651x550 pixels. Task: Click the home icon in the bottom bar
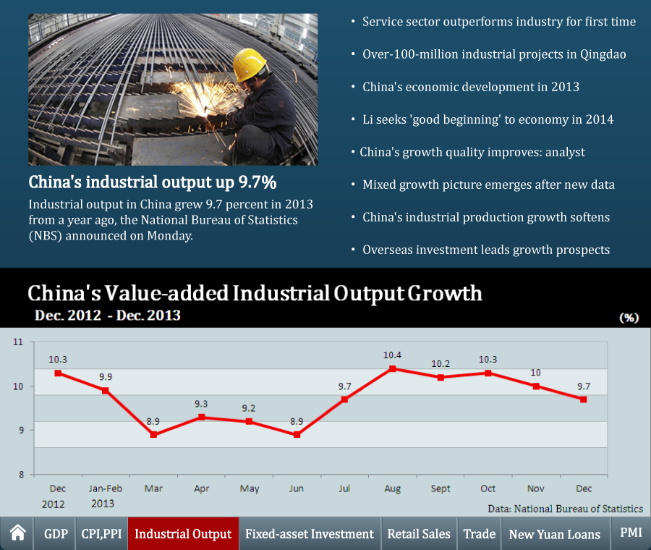tap(18, 534)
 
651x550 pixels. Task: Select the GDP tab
tap(56, 534)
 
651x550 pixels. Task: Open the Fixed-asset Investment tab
tap(310, 534)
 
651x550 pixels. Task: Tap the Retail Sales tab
tap(419, 534)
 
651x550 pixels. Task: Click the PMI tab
tap(631, 533)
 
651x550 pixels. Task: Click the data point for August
tap(393, 368)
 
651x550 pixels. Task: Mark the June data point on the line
tap(297, 435)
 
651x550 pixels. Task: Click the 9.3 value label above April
tap(202, 404)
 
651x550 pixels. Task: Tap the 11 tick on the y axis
tap(18, 342)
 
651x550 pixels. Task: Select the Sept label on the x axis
tap(441, 489)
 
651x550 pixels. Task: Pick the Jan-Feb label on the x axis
tap(106, 489)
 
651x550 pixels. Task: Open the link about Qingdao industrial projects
tap(494, 54)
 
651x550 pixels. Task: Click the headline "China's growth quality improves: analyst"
tap(472, 152)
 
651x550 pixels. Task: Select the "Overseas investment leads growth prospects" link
tap(486, 250)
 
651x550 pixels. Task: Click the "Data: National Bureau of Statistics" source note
tap(565, 509)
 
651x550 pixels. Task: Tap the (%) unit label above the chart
tap(629, 318)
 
